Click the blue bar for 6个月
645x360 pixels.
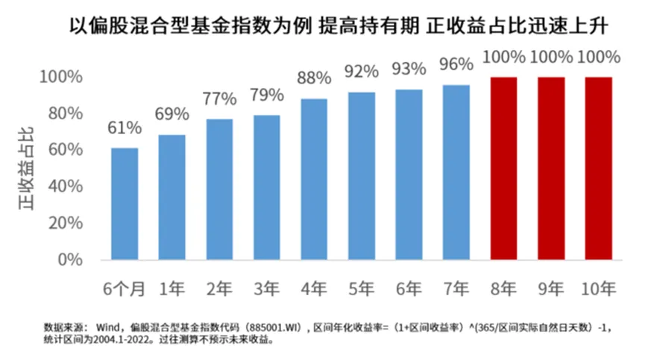(125, 203)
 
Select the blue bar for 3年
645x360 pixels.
(267, 187)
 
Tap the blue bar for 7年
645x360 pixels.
(456, 172)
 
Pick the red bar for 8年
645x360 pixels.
(504, 168)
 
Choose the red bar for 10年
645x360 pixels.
(598, 168)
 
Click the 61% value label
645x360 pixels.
(125, 128)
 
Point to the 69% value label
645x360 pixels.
(172, 115)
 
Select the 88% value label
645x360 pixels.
(314, 78)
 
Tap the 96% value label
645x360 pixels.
(456, 65)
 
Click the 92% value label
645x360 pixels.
(362, 72)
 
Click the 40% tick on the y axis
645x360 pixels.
(65, 187)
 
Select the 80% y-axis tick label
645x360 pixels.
(65, 114)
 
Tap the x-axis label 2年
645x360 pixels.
(219, 288)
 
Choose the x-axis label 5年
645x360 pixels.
(362, 288)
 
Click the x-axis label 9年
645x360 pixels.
(552, 288)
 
